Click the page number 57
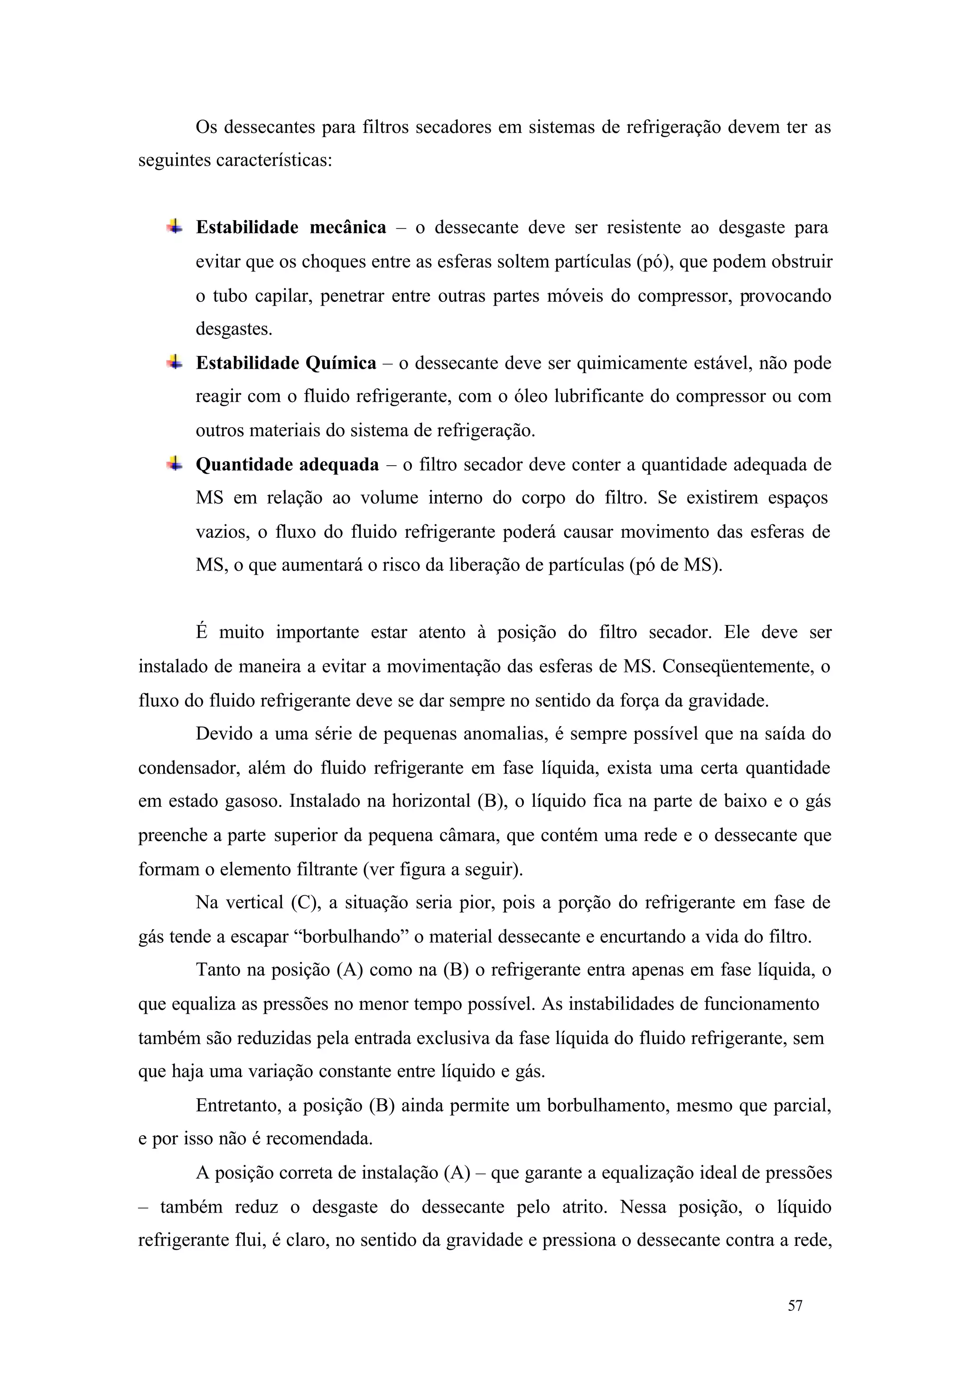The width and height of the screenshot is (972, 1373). [x=795, y=1322]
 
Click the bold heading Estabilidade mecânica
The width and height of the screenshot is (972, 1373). [x=291, y=227]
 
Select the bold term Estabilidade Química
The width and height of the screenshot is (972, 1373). [x=286, y=363]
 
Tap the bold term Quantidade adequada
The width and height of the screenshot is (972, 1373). [x=287, y=465]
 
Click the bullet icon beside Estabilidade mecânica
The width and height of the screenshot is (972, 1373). [x=174, y=226]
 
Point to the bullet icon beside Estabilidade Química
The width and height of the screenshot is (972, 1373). [x=174, y=362]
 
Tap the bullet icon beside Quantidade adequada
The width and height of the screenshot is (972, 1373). [x=174, y=463]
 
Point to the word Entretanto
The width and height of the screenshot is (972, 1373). [x=239, y=1105]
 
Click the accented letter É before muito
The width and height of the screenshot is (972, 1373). [x=202, y=632]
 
